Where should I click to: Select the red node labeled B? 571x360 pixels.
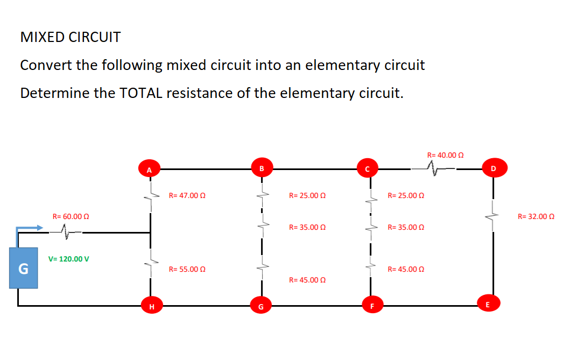pos(262,169)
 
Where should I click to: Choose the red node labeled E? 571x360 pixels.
pos(488,305)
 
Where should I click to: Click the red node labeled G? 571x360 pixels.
pos(261,307)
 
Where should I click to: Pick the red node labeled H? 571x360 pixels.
pos(151,307)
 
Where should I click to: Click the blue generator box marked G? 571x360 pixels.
pos(23,268)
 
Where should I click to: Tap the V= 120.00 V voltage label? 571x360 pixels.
pos(69,259)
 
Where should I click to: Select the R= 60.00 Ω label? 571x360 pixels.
pos(71,216)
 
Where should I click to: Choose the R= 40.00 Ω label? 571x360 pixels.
pos(445,155)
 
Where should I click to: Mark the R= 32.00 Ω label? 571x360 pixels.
pos(535,216)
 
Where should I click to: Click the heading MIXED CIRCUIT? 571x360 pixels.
pos(71,38)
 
